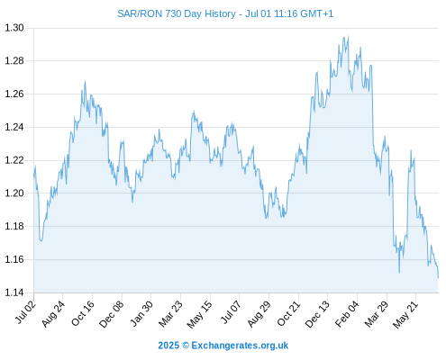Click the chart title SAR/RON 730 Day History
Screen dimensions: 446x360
tap(177, 13)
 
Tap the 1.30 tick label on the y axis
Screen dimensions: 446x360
tap(14, 28)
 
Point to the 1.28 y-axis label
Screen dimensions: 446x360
tap(14, 61)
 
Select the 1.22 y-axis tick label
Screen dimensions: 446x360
tap(14, 160)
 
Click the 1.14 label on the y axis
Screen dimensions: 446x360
tap(14, 292)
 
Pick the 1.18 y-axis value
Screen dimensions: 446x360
tap(14, 226)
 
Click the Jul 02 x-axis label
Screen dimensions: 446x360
tap(26, 312)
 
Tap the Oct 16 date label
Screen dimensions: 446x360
tap(83, 313)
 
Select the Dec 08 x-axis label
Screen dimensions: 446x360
tap(112, 314)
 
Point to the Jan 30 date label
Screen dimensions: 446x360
tap(141, 313)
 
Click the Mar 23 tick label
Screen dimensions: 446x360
tap(170, 314)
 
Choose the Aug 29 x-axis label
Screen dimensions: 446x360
tap(259, 314)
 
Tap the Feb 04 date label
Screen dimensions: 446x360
tap(347, 314)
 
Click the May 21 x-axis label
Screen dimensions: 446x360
tap(405, 314)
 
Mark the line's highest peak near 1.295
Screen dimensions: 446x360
tap(348, 36)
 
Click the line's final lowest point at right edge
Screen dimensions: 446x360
tap(438, 278)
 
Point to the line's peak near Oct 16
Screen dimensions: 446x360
tap(85, 81)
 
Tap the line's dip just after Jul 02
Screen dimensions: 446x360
tap(41, 240)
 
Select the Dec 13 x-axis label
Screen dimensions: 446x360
tap(317, 314)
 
